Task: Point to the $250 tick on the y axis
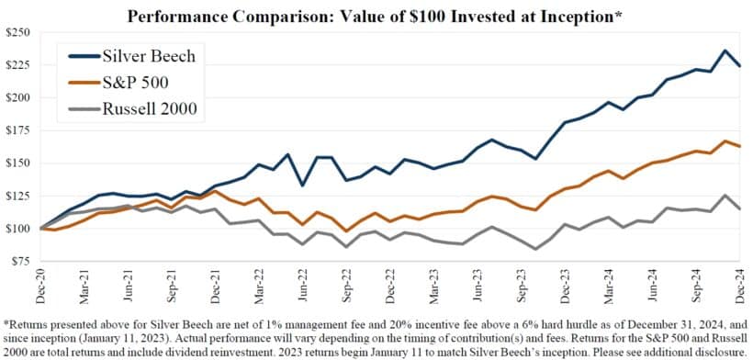pyautogui.click(x=18, y=32)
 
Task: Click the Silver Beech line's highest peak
pyautogui.click(x=726, y=51)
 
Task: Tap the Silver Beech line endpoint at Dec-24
pyautogui.click(x=741, y=66)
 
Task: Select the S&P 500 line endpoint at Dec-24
pyautogui.click(x=741, y=147)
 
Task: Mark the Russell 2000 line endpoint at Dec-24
pyautogui.click(x=741, y=208)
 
